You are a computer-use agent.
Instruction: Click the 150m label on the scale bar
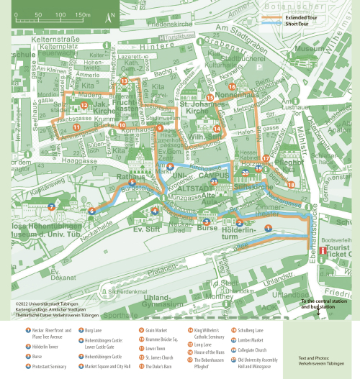tap(81, 14)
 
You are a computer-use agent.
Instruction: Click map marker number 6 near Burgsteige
tap(91, 211)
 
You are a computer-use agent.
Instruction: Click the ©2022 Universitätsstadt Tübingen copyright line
tap(48, 303)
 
